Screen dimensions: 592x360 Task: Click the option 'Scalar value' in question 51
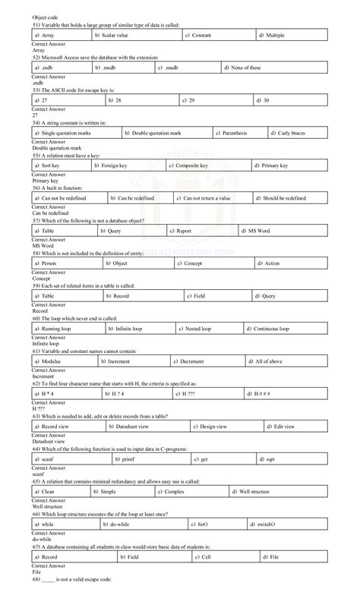pos(115,35)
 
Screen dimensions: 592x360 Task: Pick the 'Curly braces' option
pos(292,133)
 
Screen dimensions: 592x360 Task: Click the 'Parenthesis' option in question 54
pos(235,133)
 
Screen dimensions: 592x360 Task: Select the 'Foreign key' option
pos(115,165)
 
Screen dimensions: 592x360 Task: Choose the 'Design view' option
pos(213,427)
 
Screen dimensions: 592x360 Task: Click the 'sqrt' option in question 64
pos(270,459)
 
